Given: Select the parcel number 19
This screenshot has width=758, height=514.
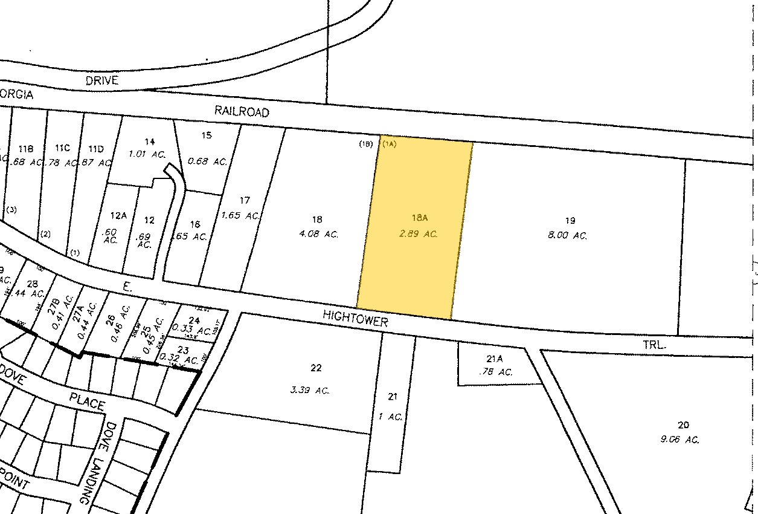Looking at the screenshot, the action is coord(570,221).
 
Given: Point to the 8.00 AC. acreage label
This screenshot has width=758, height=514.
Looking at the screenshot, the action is coord(567,236).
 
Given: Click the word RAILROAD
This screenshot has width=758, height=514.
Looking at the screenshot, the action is coord(242,112).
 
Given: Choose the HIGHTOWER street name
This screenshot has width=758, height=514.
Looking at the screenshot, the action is coord(355,318).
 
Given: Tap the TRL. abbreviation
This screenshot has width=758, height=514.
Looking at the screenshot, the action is coord(654,345).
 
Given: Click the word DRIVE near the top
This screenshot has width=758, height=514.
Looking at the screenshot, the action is coord(102,80).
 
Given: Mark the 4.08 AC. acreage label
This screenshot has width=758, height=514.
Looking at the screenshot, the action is coord(318,234).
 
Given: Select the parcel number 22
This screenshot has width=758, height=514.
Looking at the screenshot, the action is coord(315,367).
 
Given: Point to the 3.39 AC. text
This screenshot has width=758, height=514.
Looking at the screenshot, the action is coord(309,391).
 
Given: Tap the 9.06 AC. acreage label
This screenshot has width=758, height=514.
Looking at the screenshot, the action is coord(679,440).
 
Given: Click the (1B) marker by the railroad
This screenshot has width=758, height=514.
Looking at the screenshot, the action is coord(365,144).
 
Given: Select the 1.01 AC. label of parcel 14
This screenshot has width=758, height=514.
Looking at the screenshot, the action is coord(147,154).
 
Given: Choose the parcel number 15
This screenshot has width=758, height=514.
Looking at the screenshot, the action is coord(207,135).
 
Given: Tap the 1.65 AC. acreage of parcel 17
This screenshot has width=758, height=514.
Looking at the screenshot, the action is coord(240,215).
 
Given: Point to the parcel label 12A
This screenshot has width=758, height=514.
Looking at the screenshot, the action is coord(119,215).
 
